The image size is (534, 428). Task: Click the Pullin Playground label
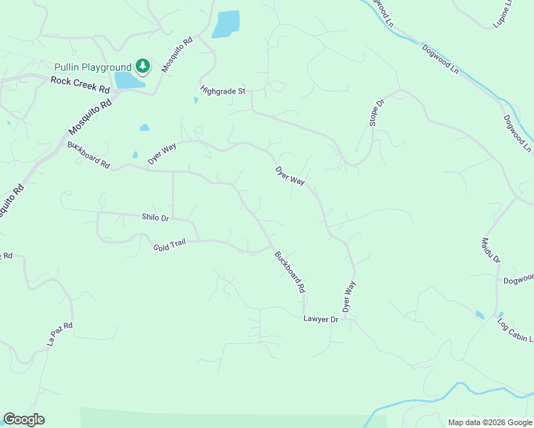click(93, 67)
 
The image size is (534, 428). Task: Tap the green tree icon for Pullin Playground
click(143, 66)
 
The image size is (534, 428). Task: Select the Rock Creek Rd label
click(80, 85)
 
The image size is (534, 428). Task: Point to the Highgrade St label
click(223, 91)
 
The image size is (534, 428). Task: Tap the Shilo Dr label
click(155, 218)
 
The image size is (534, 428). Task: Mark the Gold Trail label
click(169, 245)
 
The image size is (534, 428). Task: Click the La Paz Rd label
click(61, 334)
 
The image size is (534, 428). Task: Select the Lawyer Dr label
click(320, 320)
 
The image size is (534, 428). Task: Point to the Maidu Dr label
click(491, 250)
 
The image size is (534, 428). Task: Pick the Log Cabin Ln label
click(515, 329)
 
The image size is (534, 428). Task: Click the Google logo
click(24, 419)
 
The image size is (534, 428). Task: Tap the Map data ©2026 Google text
click(490, 422)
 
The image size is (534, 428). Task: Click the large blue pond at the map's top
click(226, 24)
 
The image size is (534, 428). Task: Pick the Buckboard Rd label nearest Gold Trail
click(291, 271)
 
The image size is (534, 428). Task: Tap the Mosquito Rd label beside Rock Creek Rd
click(91, 116)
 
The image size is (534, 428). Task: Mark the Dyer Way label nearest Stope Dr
click(291, 176)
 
